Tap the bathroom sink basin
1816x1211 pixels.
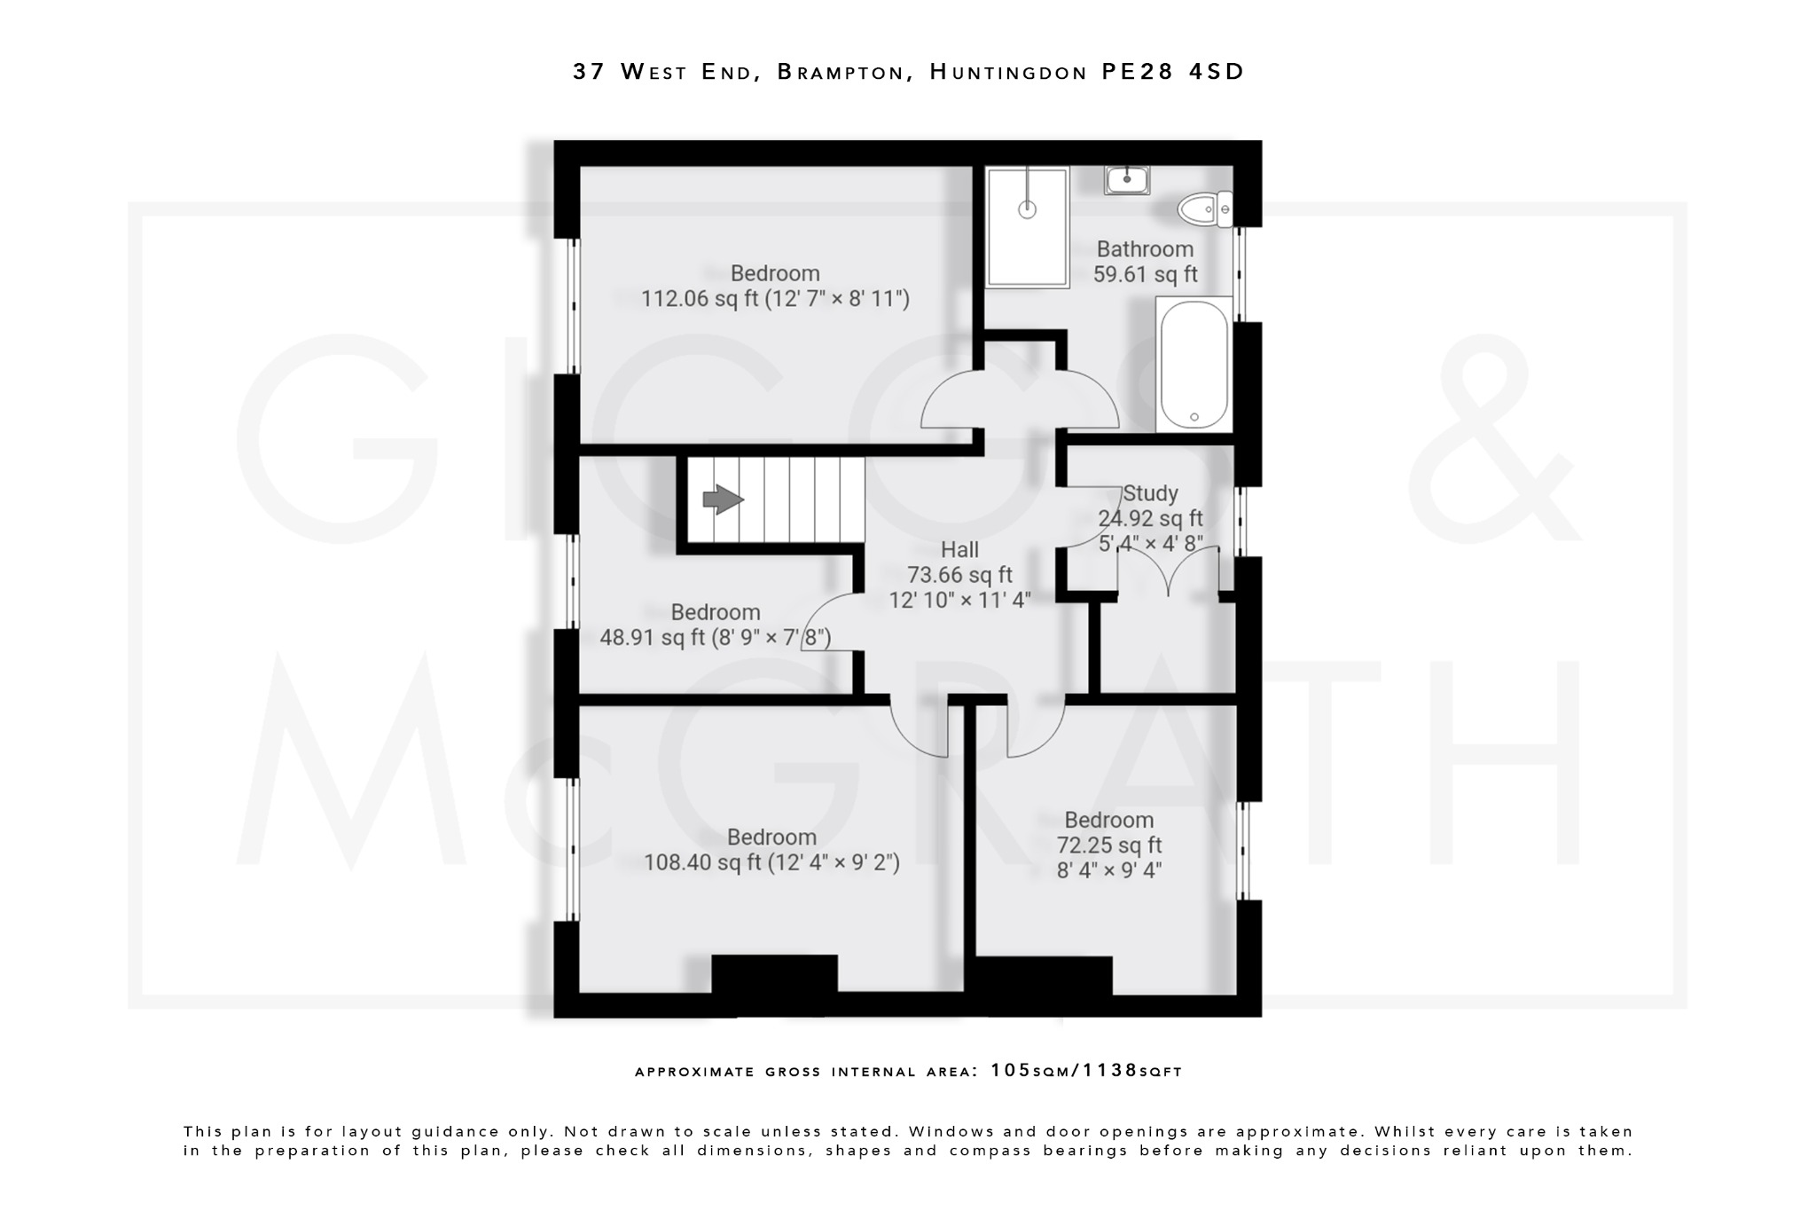[1127, 180]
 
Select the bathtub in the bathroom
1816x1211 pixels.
[1194, 365]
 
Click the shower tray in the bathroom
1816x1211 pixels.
[1027, 226]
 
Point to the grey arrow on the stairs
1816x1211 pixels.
[723, 499]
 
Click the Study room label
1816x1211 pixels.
[1150, 493]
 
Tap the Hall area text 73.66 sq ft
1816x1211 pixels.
[959, 575]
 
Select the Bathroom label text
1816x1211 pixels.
[1145, 249]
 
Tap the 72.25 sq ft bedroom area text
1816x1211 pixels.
[1108, 845]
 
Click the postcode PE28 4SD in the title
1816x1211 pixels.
[1172, 72]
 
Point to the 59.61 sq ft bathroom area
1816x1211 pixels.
[1145, 275]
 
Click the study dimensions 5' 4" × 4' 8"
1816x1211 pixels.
[1150, 543]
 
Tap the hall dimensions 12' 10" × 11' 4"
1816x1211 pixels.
[959, 601]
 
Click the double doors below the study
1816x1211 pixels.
[1169, 572]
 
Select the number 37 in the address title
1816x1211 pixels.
[589, 72]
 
